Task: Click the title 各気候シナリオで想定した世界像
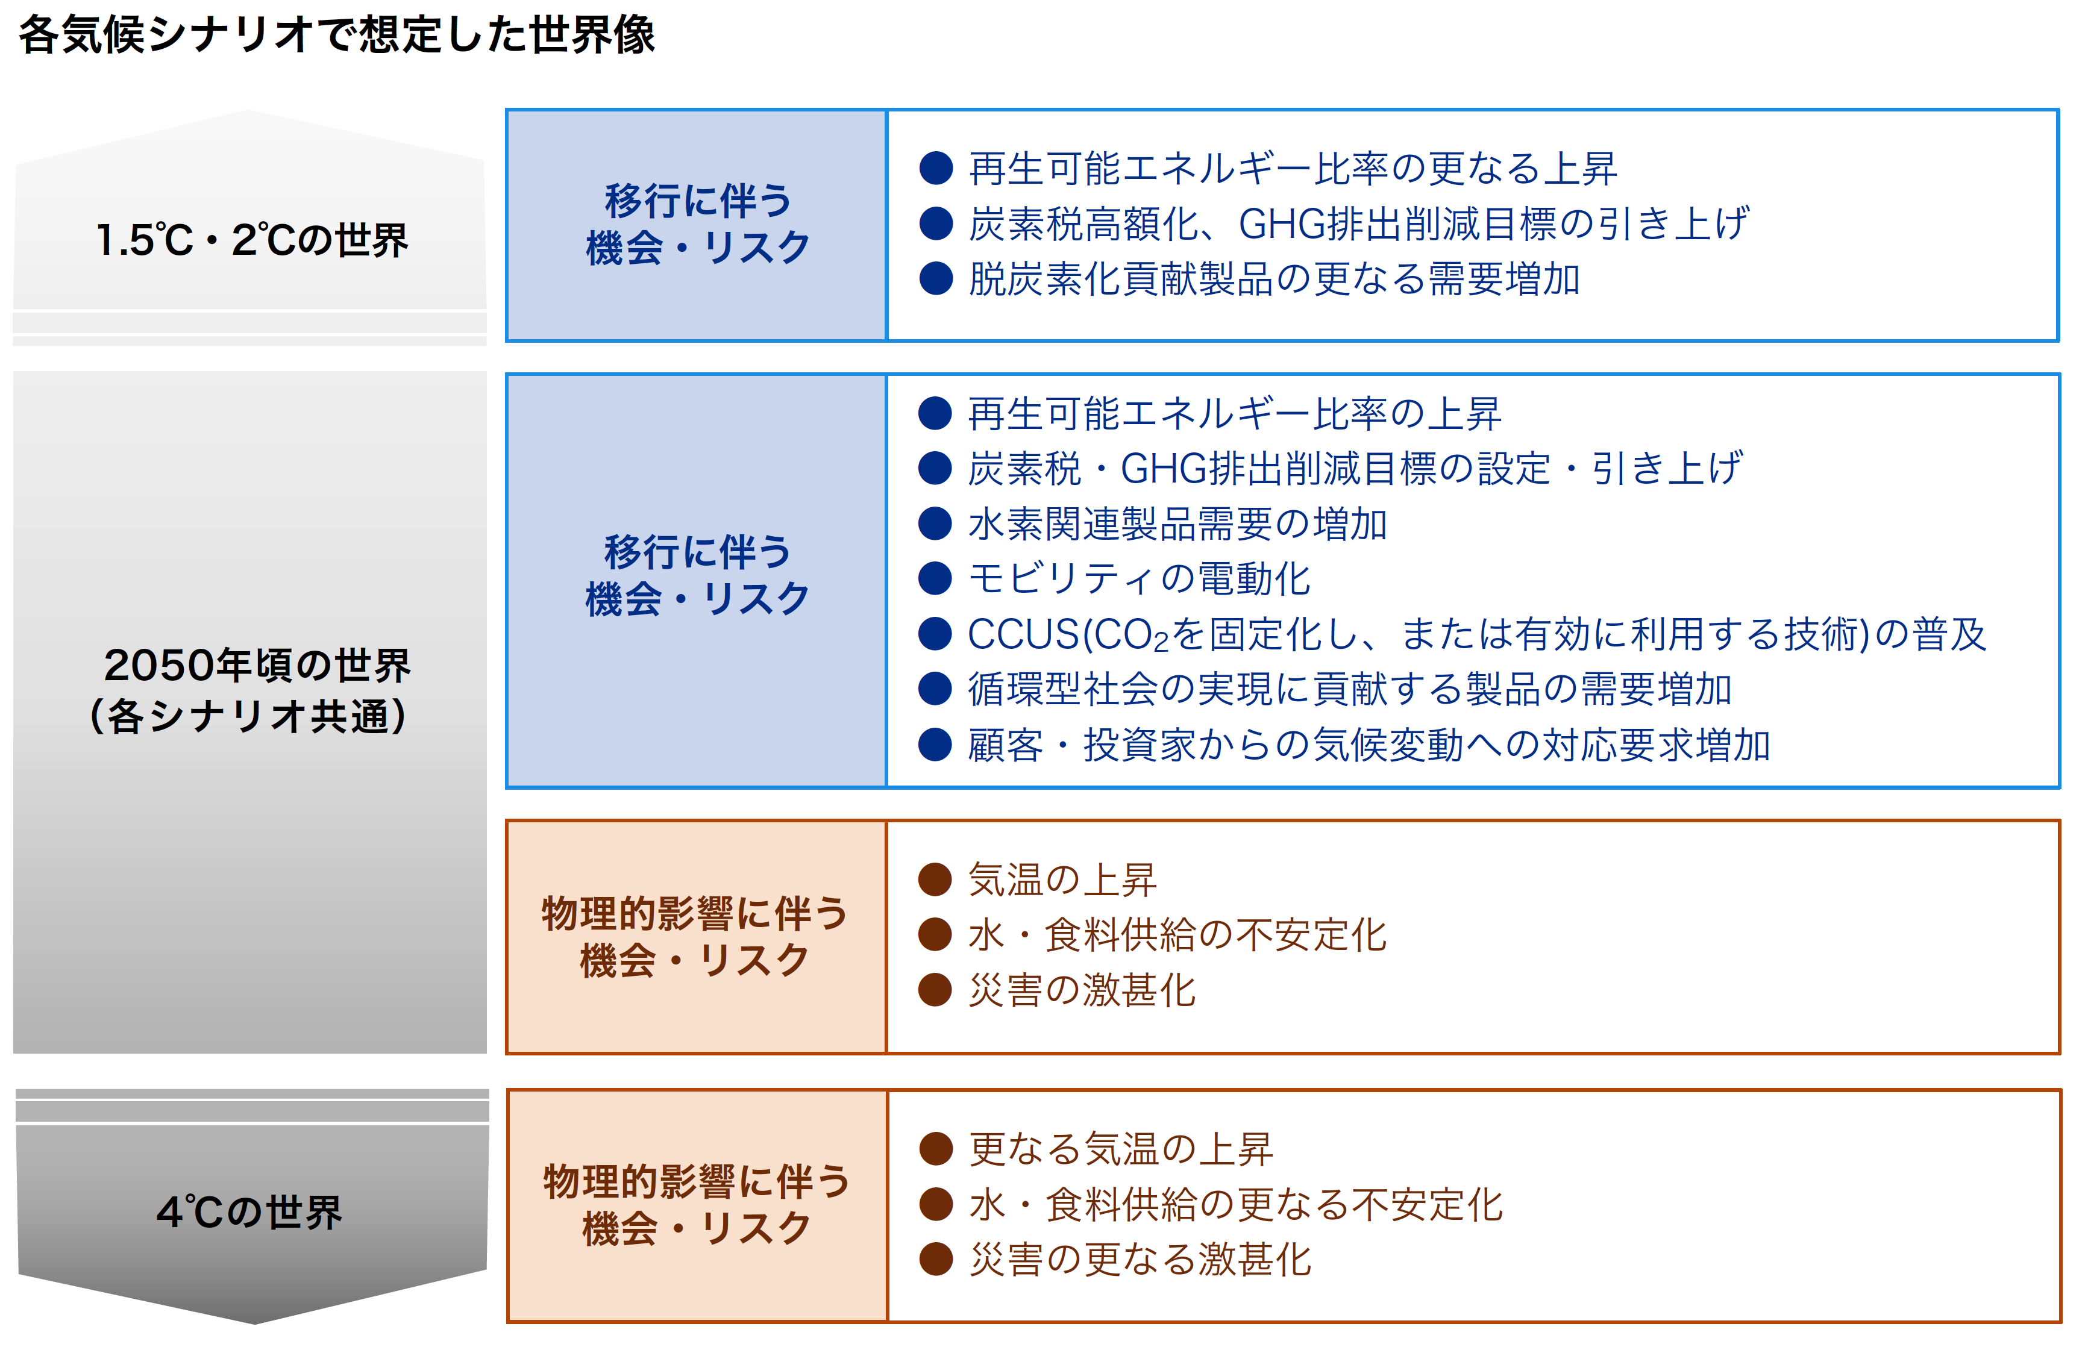tap(336, 35)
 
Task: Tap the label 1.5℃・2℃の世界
tap(251, 240)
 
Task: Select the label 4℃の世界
tap(249, 1212)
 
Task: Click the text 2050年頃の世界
tap(257, 666)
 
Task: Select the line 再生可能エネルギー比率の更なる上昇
tap(1292, 168)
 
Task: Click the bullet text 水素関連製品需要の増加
tap(1177, 523)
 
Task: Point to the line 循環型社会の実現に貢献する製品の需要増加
tap(1350, 689)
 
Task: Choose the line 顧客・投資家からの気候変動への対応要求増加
tap(1369, 745)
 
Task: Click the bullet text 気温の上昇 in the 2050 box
tap(1062, 880)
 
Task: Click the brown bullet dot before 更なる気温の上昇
tap(936, 1149)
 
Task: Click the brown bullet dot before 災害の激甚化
tap(935, 990)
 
